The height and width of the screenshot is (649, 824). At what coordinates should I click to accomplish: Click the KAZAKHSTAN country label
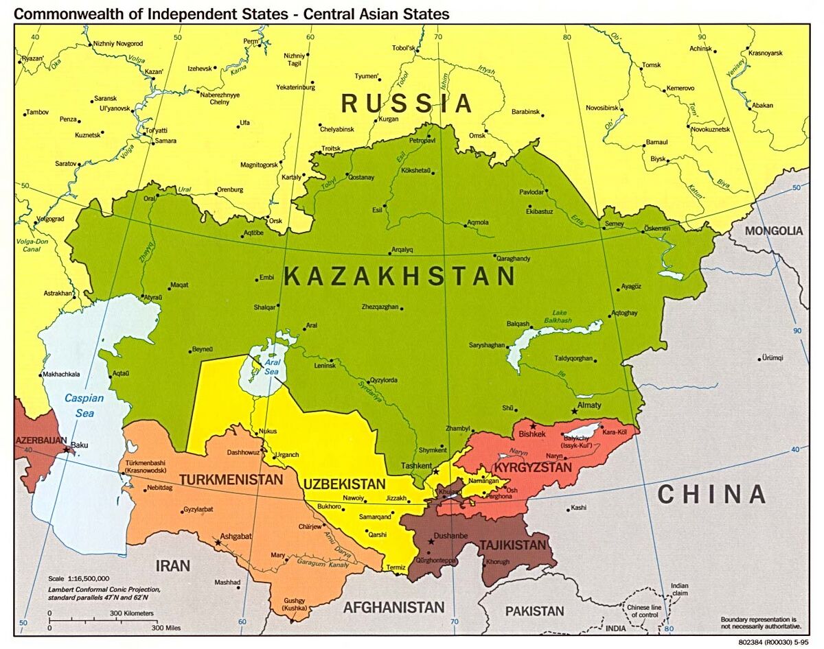400,276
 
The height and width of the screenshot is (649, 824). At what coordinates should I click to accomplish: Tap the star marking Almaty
574,411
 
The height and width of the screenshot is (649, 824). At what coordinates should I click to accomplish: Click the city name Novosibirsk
602,108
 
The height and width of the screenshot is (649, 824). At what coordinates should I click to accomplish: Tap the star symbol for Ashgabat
218,542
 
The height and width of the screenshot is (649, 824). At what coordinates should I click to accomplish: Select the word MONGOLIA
773,231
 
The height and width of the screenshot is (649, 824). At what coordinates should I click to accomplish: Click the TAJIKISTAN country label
514,545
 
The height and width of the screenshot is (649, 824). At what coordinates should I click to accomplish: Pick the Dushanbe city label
450,535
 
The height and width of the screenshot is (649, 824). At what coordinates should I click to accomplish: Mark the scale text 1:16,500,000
78,579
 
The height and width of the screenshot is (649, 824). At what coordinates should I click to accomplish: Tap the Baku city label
80,445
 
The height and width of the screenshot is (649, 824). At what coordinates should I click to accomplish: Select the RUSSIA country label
407,104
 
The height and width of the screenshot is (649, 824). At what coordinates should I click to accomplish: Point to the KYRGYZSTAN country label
533,467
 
